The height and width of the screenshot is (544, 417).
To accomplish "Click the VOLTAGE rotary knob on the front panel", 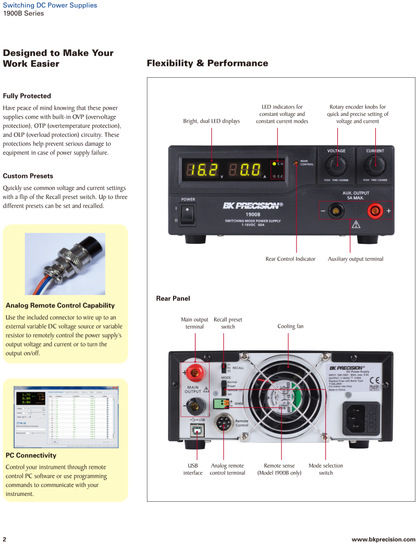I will [336, 166].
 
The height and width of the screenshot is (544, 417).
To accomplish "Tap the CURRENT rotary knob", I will [375, 166].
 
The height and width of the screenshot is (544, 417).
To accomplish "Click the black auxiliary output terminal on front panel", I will [336, 211].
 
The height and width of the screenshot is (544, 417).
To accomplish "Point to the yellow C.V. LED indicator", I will [275, 164].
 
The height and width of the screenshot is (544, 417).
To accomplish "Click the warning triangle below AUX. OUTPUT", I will [356, 225].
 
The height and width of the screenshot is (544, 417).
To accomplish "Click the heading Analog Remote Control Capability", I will [60, 305].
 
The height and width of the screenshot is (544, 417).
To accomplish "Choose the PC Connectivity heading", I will [31, 455].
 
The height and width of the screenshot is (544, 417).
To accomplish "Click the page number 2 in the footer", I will [5, 539].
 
